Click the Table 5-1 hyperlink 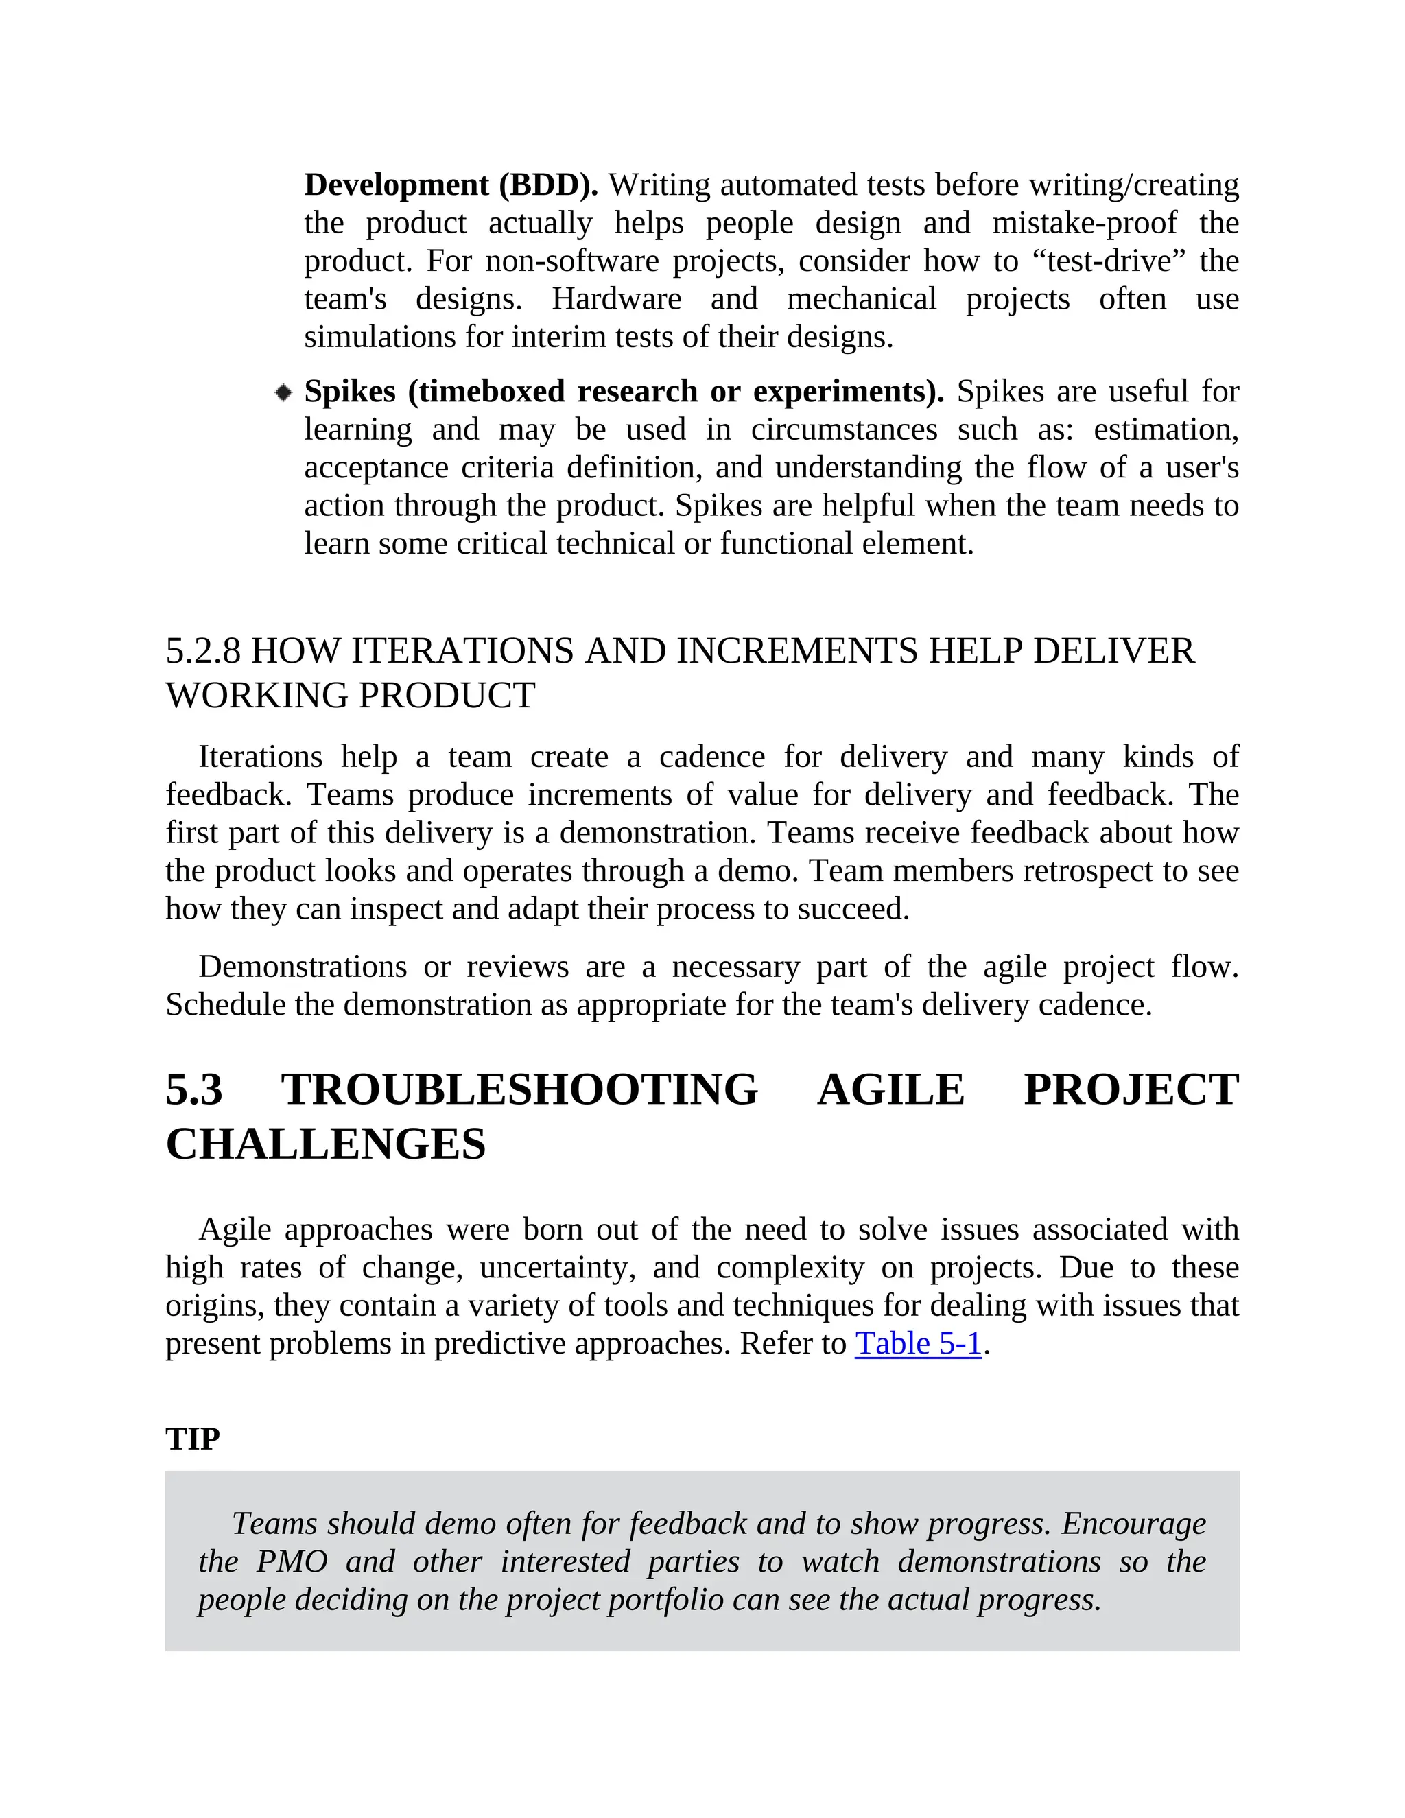tap(918, 1343)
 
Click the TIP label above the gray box tap(192, 1439)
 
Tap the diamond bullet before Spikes tap(283, 392)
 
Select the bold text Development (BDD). tap(450, 185)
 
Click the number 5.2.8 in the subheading tap(203, 651)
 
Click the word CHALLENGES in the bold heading tap(325, 1144)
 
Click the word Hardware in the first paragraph tap(616, 299)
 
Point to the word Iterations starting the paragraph tap(260, 757)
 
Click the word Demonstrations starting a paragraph tap(302, 967)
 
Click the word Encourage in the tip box tap(1133, 1523)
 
